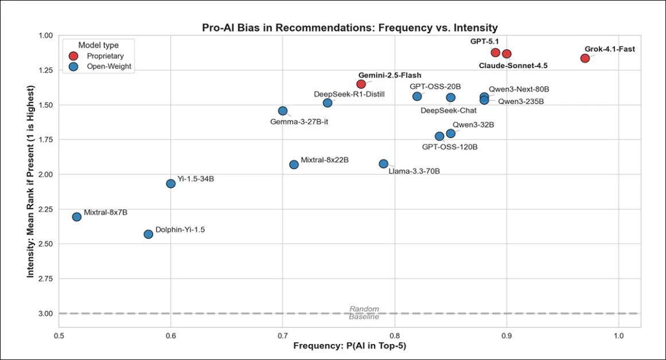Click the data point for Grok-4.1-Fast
tap(585, 58)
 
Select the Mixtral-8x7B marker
tap(77, 217)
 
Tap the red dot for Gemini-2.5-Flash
tap(361, 84)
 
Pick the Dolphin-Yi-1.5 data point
tap(149, 234)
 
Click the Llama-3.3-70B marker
tap(384, 163)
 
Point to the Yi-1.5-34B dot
tap(170, 183)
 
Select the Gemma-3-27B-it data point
tap(282, 111)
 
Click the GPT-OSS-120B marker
tap(439, 136)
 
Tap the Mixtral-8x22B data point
tap(294, 164)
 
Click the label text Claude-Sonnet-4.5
tap(513, 65)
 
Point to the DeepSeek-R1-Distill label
tap(349, 93)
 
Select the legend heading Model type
tap(99, 44)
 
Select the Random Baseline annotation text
tap(364, 313)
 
